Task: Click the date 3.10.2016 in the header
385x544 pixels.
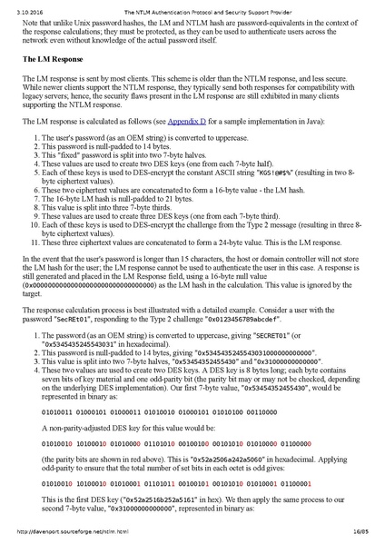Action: click(18, 5)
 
